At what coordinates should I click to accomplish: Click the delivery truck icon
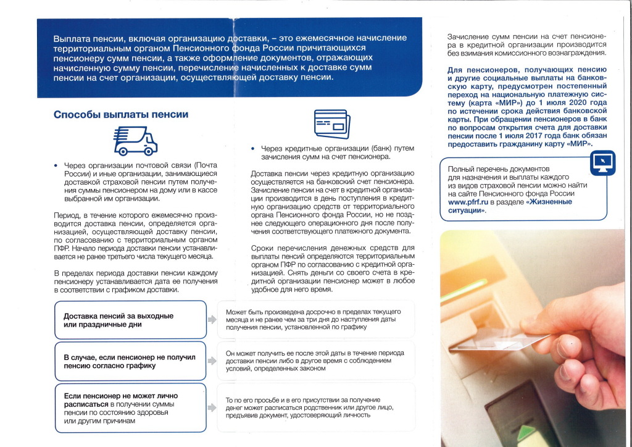click(135, 140)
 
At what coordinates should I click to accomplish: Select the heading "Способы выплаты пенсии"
click(121, 114)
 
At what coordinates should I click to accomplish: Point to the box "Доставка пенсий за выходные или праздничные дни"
click(130, 320)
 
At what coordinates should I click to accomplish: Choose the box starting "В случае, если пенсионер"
click(130, 361)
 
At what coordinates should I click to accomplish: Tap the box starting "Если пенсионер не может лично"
click(130, 407)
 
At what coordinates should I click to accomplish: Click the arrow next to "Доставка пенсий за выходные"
click(212, 320)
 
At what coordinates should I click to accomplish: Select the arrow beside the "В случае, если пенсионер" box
click(212, 361)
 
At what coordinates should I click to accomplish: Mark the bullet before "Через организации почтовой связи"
click(56, 166)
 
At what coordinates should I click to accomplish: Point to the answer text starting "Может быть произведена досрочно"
click(315, 319)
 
